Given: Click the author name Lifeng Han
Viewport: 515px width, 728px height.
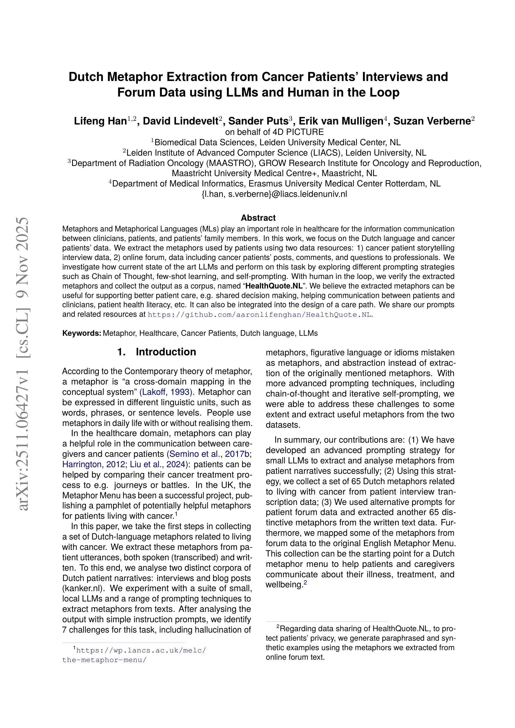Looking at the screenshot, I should (100, 121).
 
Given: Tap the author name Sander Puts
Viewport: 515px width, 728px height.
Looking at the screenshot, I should (258, 121).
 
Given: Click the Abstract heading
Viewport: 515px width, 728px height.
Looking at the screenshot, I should (258, 218).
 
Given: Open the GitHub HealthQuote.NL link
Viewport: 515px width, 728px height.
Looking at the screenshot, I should (259, 315).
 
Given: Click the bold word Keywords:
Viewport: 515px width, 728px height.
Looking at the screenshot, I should (82, 333).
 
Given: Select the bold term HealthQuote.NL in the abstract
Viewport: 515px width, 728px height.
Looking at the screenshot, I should (274, 286).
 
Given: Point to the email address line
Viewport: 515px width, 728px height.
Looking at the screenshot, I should (274, 194).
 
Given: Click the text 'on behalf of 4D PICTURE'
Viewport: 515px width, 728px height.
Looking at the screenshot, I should (274, 132).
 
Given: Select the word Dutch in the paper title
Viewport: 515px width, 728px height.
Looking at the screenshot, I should (86, 77).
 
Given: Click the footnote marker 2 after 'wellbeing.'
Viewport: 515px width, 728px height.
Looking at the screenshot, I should (305, 582).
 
